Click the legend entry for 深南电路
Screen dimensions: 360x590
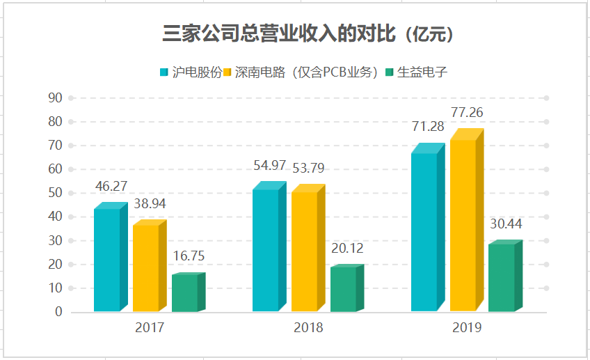(306, 72)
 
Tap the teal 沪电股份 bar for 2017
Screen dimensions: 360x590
(107, 259)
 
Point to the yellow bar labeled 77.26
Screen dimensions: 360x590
(463, 224)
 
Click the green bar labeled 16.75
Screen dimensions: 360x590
(184, 292)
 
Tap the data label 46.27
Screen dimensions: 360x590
(111, 187)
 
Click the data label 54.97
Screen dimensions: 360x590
(269, 166)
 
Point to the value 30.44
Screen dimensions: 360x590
(506, 224)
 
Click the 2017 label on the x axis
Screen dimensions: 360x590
(150, 327)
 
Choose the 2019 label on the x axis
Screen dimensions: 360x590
(466, 327)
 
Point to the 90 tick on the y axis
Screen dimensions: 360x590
(55, 98)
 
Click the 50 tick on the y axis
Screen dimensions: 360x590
(55, 193)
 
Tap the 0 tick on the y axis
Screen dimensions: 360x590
(58, 312)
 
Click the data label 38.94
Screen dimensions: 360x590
(150, 204)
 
